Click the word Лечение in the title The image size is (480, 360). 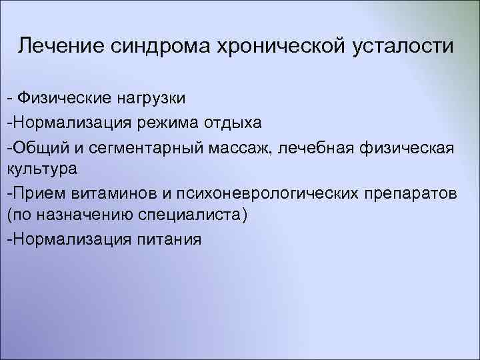(x=58, y=46)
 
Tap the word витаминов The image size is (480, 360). (x=103, y=193)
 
